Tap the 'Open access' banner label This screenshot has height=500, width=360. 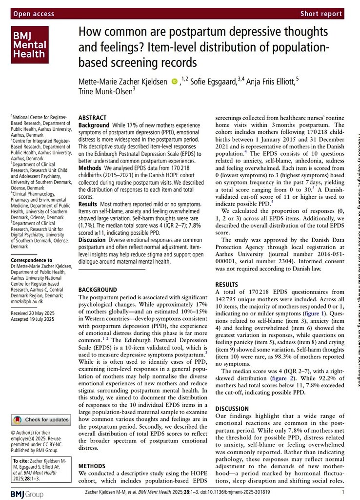[35, 14]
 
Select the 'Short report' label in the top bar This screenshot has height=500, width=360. [321, 14]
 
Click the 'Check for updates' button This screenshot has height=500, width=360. [41, 419]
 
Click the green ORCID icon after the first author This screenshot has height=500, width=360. [174, 83]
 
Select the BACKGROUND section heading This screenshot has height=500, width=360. [98, 290]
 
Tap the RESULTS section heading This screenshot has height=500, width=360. [226, 284]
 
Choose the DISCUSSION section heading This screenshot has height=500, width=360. [232, 408]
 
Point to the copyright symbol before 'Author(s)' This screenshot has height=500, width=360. [13, 433]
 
